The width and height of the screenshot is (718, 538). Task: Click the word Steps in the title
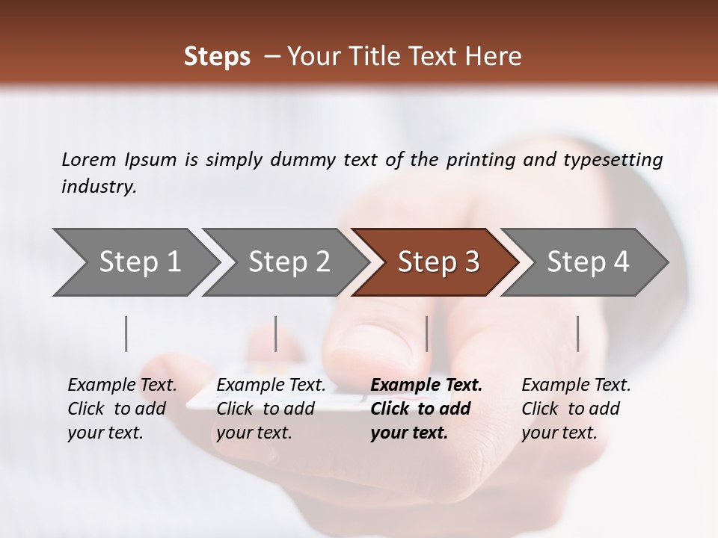tap(217, 57)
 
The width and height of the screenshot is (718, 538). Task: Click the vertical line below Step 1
tap(126, 333)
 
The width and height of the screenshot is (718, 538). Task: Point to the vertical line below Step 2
tap(276, 333)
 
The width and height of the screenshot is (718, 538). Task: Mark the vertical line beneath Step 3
tap(427, 333)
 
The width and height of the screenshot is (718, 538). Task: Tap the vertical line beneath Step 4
tap(578, 333)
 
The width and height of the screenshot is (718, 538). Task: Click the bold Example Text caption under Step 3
tap(426, 408)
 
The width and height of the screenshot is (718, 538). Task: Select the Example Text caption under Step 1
tap(122, 408)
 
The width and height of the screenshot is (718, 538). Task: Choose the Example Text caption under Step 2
tap(271, 408)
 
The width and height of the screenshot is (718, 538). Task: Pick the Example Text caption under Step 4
tap(576, 408)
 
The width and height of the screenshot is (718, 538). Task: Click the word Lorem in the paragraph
tap(89, 159)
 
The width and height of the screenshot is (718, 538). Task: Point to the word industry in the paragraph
tap(98, 187)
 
